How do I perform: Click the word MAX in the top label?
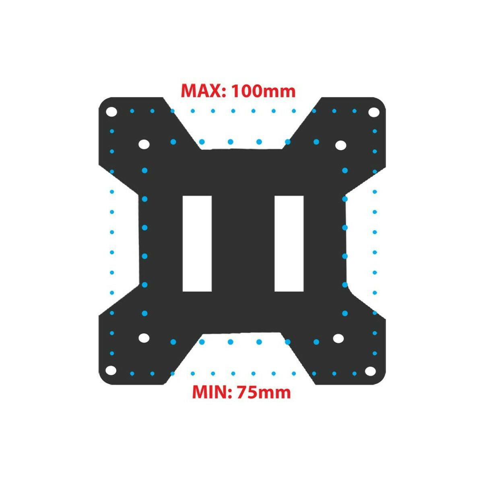[x=201, y=91]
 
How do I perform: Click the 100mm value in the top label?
[x=263, y=91]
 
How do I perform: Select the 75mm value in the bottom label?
[x=264, y=393]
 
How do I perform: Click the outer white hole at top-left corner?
[x=111, y=111]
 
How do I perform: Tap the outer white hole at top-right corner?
[x=374, y=112]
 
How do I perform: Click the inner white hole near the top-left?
[x=144, y=144]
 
